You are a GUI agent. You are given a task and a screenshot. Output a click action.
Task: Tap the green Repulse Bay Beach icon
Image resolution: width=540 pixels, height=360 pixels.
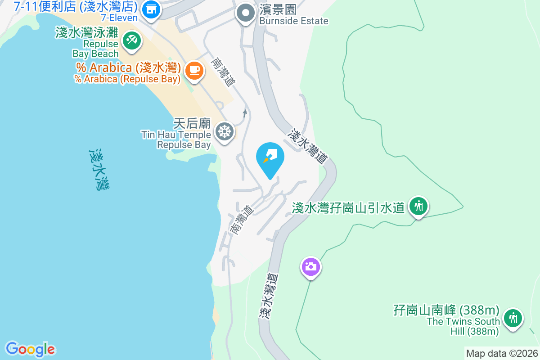click(x=132, y=41)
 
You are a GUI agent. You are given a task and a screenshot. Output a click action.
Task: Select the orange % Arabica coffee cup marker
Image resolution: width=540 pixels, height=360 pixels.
click(x=194, y=70)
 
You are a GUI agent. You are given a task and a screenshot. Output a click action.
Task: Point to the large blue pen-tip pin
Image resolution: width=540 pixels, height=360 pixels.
click(x=270, y=158)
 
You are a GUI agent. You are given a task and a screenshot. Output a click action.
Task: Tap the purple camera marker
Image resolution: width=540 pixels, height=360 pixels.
click(x=310, y=267)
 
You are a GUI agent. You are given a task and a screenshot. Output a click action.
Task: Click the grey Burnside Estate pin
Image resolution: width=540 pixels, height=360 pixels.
click(x=245, y=13)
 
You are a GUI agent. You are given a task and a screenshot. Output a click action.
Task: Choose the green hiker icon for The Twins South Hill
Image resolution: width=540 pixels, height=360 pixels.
click(x=513, y=318)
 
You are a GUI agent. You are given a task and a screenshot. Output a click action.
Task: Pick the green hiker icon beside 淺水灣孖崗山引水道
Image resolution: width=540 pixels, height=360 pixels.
click(x=418, y=207)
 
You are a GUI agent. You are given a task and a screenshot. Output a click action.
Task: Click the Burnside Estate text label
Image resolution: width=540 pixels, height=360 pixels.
click(x=294, y=21)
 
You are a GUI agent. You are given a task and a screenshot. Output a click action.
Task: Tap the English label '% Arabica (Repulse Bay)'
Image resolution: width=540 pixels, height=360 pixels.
click(x=127, y=79)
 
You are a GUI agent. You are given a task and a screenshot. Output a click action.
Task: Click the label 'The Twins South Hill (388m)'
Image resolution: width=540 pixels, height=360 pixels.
click(x=463, y=326)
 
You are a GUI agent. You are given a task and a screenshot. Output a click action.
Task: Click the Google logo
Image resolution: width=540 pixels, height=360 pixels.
click(x=30, y=349)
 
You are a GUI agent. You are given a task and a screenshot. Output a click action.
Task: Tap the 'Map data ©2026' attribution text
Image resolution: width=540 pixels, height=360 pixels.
click(x=502, y=354)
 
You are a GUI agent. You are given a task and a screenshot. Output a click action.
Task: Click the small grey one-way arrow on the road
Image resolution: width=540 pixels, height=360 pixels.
click(x=245, y=113)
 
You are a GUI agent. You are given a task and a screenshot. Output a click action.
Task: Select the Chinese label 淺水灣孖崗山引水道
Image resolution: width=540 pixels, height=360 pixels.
click(x=348, y=208)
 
